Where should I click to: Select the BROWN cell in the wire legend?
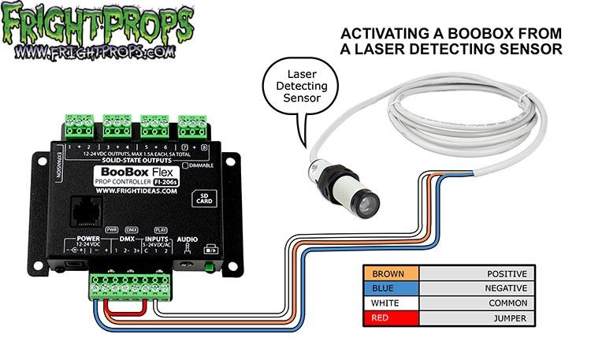coord(391,275)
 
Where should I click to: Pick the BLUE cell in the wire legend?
coord(391,289)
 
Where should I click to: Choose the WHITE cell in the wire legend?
coord(391,303)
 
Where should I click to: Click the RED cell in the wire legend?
coord(391,317)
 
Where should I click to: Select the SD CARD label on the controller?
coord(203,198)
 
